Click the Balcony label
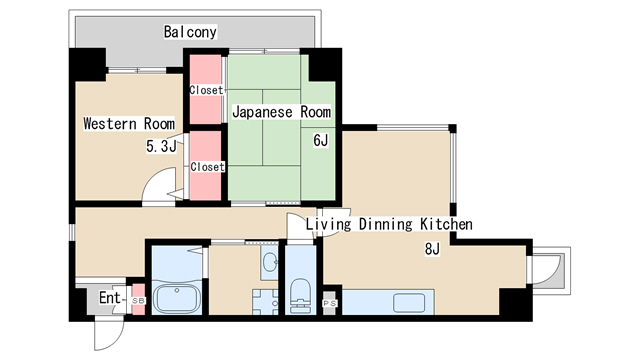(190, 32)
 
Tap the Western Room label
(129, 124)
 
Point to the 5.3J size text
(161, 146)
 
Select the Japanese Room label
(281, 112)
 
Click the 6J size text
(320, 140)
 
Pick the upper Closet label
(207, 90)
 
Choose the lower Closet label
(207, 167)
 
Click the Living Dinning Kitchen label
(389, 224)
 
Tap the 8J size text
(432, 248)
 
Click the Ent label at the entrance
(110, 298)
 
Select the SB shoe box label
(138, 301)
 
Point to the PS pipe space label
(330, 303)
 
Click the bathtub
(178, 299)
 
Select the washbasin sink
(270, 261)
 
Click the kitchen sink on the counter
(409, 302)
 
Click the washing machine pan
(265, 302)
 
